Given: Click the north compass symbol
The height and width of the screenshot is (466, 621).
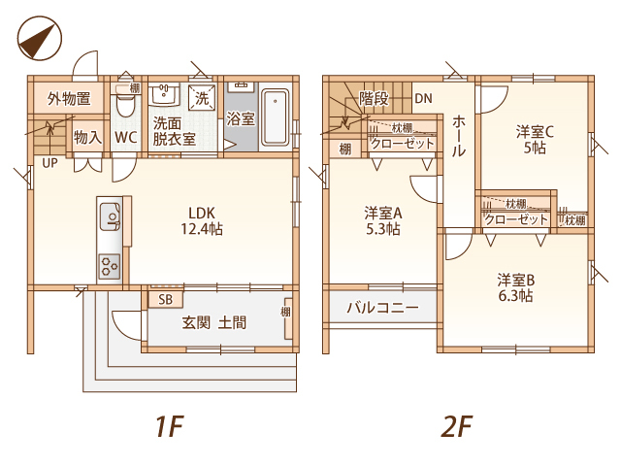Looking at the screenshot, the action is pos(40,39).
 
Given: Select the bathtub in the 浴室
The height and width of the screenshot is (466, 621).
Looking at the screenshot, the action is pos(276,117).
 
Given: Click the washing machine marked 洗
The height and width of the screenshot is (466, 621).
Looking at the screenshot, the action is pos(202,97).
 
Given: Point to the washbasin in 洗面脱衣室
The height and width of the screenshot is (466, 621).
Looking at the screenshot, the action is pos(164,94).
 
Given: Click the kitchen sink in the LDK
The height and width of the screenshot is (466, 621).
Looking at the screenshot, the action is pos(110,216).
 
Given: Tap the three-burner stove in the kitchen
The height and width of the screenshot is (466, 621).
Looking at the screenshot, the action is pos(110,266).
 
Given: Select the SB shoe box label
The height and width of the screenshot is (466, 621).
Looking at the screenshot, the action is pos(166,300).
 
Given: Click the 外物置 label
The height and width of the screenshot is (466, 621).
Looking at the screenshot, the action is pos(69,98).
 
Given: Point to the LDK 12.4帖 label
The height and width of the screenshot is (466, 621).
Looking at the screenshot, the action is pos(202,221).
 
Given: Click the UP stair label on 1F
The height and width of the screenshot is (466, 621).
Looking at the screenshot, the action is pos(49,163).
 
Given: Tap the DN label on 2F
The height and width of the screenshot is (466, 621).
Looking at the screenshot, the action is pos(423,98).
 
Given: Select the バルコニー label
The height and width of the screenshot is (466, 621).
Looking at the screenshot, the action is pos(382,308).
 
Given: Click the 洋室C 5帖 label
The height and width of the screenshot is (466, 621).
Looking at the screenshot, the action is pos(535,140).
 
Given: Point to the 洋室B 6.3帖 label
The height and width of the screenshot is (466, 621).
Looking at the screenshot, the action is pos(515,287).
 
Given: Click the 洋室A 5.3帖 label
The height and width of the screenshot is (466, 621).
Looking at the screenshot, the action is pos(383,221).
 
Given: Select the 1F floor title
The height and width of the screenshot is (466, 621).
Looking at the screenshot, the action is pos(170,426).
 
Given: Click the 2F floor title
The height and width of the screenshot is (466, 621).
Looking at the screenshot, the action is pos(456,426).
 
